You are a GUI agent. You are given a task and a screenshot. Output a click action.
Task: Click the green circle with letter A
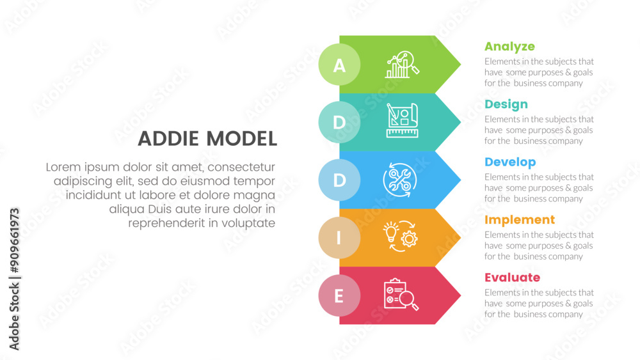[x=339, y=65]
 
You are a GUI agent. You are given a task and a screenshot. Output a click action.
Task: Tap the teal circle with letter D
[x=339, y=122]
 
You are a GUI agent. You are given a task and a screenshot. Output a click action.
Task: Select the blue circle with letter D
[x=339, y=180]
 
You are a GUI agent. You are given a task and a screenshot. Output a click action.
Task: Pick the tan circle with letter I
[x=339, y=238]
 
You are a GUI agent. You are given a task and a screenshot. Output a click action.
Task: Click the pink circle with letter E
[x=339, y=295]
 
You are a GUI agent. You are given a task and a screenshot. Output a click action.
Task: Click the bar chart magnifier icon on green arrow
[x=401, y=65]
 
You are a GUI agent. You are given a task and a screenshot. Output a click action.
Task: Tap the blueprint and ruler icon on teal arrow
[x=401, y=120]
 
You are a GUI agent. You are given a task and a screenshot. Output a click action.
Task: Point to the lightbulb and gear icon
[x=401, y=236]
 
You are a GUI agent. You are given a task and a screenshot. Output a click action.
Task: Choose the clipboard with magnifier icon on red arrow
[x=401, y=294]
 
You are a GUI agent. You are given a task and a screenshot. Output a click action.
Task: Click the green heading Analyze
[x=509, y=47]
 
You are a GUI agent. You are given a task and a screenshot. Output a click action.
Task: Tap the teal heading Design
[x=506, y=104]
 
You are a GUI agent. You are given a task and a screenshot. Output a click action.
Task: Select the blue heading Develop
[x=510, y=162]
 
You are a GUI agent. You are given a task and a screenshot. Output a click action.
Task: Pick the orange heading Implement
[x=520, y=220]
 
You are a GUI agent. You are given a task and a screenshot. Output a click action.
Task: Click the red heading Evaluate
[x=512, y=278]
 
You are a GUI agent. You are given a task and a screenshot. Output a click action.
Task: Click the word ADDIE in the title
[x=168, y=139]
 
